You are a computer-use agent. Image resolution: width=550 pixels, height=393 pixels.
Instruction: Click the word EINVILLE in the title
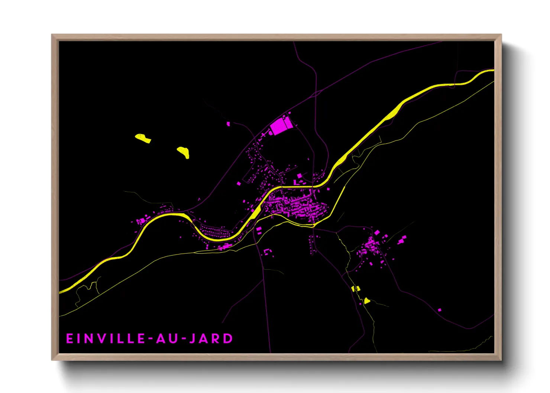[x=106, y=338]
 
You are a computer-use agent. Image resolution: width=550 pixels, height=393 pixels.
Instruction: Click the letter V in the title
[x=98, y=338]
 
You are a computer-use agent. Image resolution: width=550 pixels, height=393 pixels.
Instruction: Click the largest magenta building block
[x=281, y=126]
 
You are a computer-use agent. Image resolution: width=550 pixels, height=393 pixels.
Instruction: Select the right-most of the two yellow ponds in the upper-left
[x=184, y=152]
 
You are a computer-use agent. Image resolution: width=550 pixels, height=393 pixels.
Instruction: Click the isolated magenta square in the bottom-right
[x=440, y=310]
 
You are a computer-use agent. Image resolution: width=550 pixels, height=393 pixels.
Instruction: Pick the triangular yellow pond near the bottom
[x=367, y=301]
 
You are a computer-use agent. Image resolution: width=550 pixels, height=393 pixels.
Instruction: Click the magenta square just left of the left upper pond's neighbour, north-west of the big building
[x=228, y=124]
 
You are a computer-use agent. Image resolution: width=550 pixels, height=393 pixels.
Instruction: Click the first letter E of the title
[x=69, y=338]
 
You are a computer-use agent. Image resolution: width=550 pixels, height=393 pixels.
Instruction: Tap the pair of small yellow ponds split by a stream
[x=356, y=288]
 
